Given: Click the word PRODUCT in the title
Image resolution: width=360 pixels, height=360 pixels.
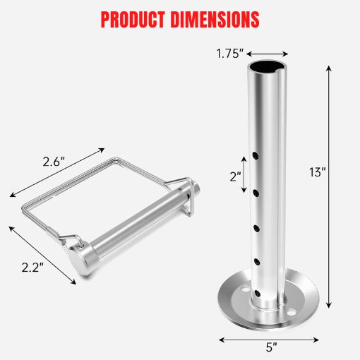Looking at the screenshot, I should (134, 18).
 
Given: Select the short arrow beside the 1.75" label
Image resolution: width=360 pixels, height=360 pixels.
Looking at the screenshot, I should (268, 52).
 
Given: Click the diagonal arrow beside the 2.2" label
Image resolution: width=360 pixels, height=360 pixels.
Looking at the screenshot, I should (42, 254).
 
